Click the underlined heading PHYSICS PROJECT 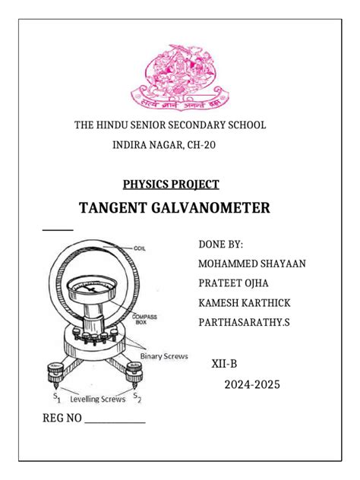tap(171, 184)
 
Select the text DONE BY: tap(220, 244)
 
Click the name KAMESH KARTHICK tap(244, 303)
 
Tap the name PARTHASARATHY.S tap(244, 323)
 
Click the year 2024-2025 tap(251, 385)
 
